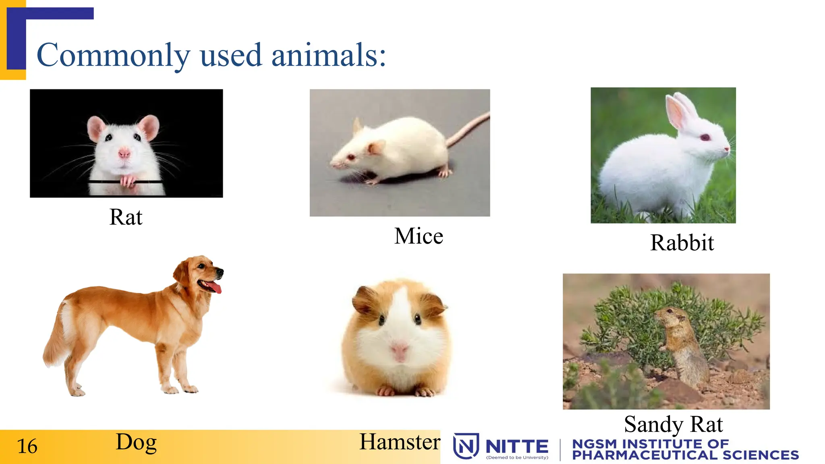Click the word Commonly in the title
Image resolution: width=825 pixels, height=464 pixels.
click(x=113, y=56)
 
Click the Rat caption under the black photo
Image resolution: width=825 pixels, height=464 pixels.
click(x=126, y=217)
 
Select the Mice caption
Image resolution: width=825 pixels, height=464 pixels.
click(x=419, y=236)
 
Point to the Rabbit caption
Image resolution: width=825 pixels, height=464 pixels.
click(x=682, y=243)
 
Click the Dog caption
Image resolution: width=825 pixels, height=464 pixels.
click(x=136, y=442)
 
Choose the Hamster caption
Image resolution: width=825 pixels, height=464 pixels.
click(x=400, y=442)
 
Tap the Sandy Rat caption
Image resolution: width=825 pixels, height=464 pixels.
click(x=673, y=424)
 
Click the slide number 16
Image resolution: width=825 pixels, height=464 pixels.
click(x=27, y=446)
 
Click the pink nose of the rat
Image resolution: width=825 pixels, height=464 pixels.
click(x=124, y=153)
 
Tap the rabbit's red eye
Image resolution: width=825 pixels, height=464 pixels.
click(x=705, y=137)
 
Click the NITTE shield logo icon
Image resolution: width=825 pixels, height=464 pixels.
click(x=466, y=446)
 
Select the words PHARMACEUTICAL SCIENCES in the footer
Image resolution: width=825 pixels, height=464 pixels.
click(x=685, y=455)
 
